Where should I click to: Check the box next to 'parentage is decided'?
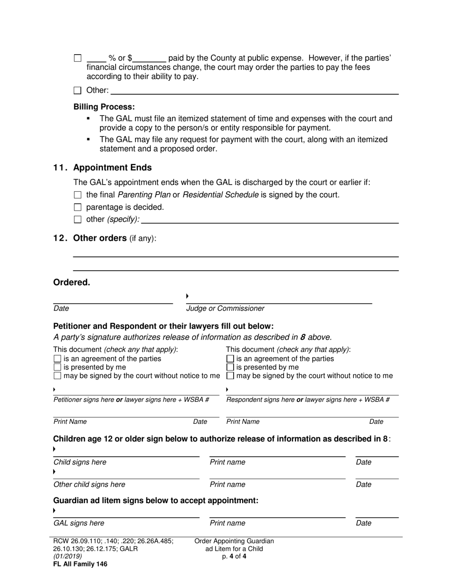(78, 207)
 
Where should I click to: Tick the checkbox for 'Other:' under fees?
(78, 90)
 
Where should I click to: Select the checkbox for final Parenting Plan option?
(78, 195)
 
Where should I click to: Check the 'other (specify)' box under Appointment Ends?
(78, 220)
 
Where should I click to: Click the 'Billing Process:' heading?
(104, 107)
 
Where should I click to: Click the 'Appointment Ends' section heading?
(112, 167)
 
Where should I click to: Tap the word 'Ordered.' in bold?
(71, 283)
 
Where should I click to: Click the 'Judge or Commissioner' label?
(225, 309)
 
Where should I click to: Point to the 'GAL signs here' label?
(79, 523)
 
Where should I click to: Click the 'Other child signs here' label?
(89, 485)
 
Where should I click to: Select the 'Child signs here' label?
(80, 462)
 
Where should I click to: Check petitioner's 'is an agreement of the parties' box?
(58, 359)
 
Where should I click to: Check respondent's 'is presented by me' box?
(230, 368)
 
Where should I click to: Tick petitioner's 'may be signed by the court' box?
(58, 376)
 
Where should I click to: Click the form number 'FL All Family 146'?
(80, 565)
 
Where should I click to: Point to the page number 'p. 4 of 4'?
(234, 556)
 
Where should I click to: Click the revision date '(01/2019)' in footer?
(68, 556)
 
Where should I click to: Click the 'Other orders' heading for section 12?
(99, 238)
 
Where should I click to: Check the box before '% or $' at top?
(78, 58)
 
